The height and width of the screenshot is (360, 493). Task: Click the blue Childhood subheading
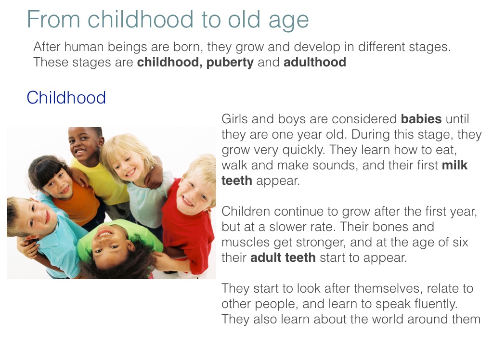point(66,98)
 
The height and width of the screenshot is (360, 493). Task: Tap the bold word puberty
point(230,63)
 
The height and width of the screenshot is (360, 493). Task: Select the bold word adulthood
point(315,62)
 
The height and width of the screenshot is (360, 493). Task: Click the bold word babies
point(421,119)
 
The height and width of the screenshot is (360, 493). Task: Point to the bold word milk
point(454,165)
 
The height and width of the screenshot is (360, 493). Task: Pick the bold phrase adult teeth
point(283,257)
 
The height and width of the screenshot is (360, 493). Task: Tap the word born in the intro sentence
point(190,47)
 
